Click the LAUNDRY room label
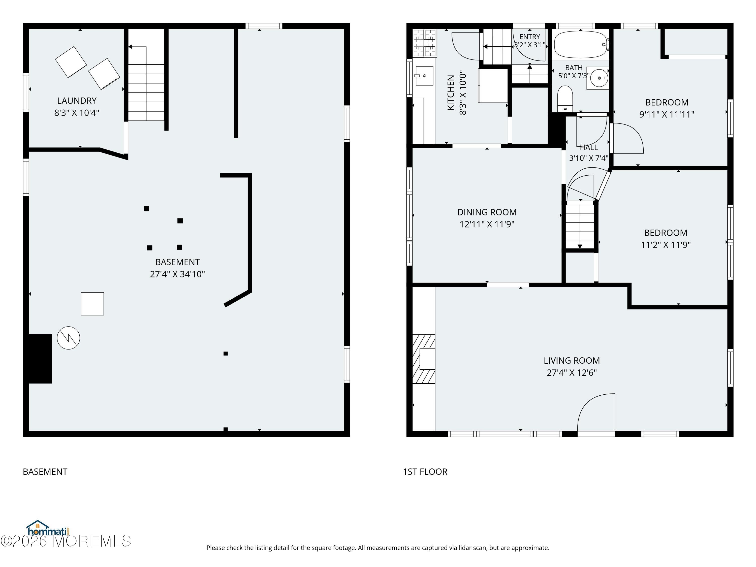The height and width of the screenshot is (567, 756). (77, 101)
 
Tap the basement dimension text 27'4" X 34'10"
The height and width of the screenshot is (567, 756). (177, 274)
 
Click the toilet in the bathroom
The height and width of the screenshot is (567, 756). (565, 99)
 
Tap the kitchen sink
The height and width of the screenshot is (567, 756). (424, 76)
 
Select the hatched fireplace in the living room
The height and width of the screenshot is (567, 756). (424, 359)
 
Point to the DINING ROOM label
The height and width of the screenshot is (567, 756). (487, 212)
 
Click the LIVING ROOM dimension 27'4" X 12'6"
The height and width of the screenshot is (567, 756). (572, 372)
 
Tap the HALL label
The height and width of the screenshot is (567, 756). (589, 148)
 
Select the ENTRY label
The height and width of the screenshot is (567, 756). (530, 37)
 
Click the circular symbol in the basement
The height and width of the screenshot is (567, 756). (68, 338)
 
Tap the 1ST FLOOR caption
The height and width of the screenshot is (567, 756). (425, 472)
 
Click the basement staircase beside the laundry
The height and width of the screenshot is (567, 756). (146, 83)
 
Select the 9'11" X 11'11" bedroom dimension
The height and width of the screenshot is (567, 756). (667, 114)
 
